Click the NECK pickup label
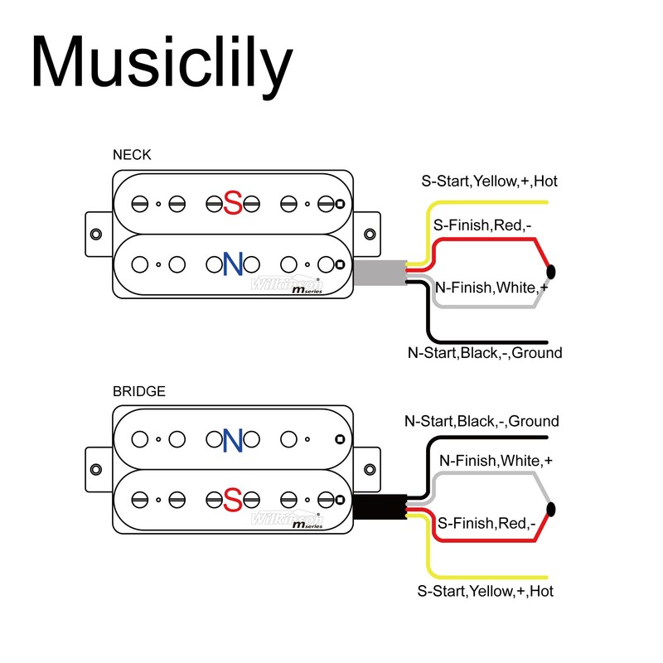132,155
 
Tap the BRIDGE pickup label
138,391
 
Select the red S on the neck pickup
233,202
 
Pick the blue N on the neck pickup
232,264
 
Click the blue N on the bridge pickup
232,439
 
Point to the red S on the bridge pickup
233,500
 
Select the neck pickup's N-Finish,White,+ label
491,288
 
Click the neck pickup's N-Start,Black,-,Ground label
484,353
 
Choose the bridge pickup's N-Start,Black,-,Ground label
482,421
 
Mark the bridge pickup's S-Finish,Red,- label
486,523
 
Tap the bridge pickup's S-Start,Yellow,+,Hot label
485,591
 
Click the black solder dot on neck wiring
551,271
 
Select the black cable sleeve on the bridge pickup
378,507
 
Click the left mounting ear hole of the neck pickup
97,233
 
